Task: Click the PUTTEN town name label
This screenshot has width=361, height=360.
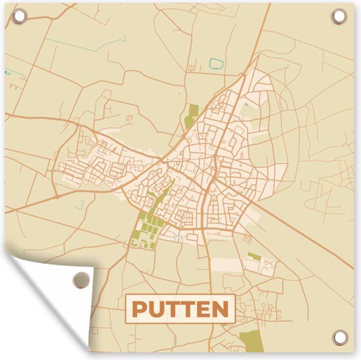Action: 180,307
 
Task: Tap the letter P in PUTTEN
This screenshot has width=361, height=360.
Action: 138,308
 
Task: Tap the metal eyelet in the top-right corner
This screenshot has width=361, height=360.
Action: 339,15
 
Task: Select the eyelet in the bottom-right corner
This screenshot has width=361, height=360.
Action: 339,338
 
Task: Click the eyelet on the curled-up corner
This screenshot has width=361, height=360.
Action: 80,279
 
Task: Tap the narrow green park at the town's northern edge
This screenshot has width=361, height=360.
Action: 192,116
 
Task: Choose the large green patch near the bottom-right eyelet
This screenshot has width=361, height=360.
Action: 250,340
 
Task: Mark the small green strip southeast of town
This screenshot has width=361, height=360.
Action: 254,255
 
